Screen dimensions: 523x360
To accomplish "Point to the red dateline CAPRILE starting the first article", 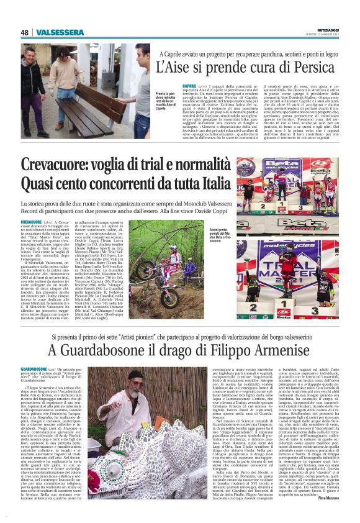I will [x=190, y=86].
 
